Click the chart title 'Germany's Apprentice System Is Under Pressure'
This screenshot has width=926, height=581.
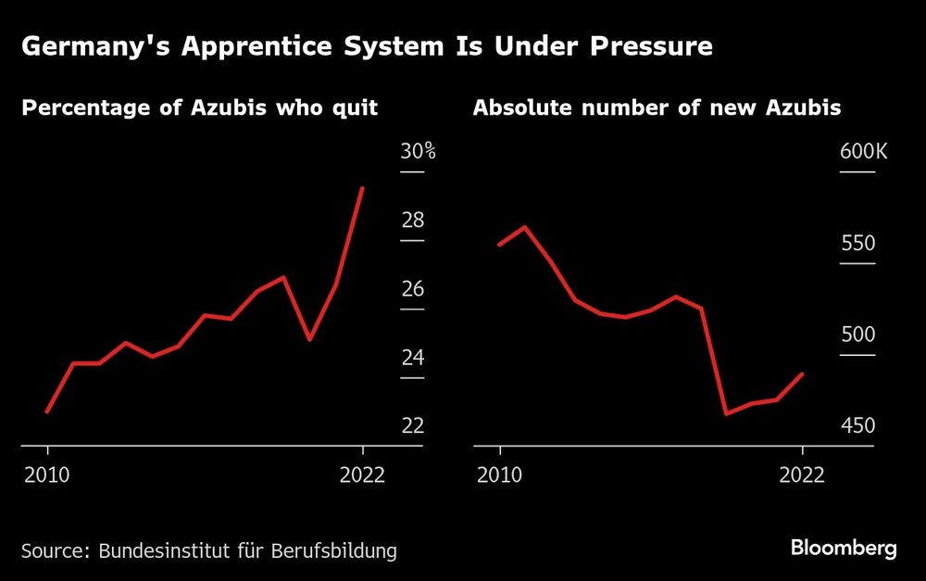pos(367,46)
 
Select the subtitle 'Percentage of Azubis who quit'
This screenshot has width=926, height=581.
pos(199,108)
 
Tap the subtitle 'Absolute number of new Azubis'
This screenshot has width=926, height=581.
pos(657,108)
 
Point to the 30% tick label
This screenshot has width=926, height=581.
pos(418,152)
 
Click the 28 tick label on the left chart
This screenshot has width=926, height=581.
pos(412,221)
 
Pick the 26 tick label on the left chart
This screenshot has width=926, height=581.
pos(412,289)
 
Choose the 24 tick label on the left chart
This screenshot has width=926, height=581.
pos(412,358)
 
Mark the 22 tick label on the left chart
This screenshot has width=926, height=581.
pos(412,425)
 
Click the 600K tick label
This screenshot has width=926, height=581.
pos(863,152)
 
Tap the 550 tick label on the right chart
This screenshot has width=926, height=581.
pos(857,244)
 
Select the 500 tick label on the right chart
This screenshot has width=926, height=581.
pos(857,335)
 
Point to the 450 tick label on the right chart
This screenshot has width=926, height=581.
pos(857,425)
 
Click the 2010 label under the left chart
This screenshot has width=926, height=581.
pos(47,474)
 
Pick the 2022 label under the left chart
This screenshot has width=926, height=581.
pos(363,474)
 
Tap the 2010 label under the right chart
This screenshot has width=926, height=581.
pos(500,474)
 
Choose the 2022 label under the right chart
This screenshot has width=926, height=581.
pos(802,474)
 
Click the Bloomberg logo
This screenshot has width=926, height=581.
pos(844,548)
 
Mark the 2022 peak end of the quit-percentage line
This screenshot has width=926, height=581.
pos(362,188)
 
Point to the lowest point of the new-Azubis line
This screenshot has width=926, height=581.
pos(726,413)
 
